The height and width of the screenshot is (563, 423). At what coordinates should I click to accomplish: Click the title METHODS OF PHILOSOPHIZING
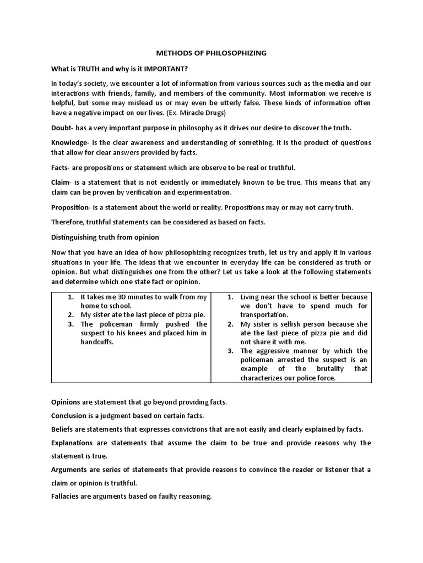[211, 53]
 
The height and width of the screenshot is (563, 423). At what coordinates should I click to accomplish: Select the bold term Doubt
[62, 128]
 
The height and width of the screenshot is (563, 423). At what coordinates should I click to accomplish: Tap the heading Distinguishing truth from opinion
[105, 237]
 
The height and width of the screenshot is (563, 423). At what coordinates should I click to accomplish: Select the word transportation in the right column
[264, 314]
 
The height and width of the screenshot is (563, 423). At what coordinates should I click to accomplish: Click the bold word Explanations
[73, 443]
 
